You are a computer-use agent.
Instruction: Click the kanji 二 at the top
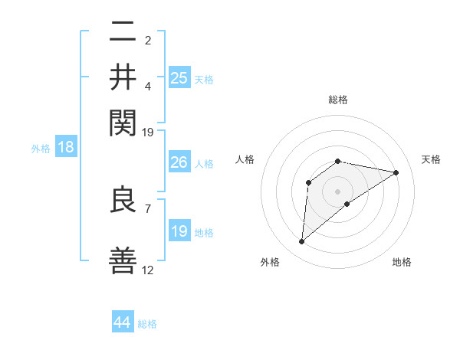click(123, 33)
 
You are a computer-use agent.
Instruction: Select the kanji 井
click(123, 77)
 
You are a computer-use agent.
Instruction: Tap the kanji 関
click(123, 121)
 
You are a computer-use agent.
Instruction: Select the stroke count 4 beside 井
click(147, 86)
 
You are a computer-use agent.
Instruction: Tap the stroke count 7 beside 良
click(147, 208)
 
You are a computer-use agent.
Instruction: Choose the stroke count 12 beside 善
click(148, 270)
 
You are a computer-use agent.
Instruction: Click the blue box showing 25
click(179, 77)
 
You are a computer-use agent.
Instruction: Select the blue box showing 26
click(179, 162)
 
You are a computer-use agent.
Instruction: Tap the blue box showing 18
click(66, 147)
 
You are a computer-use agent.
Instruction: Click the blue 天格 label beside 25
click(204, 79)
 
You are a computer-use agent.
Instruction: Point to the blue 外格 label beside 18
click(41, 149)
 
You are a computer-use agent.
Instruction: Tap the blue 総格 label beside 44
click(147, 324)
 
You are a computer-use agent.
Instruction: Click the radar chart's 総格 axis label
click(338, 100)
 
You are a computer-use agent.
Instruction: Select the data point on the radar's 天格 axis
click(396, 172)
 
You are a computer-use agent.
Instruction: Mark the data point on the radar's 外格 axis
click(301, 242)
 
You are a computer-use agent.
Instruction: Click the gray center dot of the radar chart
click(338, 191)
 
